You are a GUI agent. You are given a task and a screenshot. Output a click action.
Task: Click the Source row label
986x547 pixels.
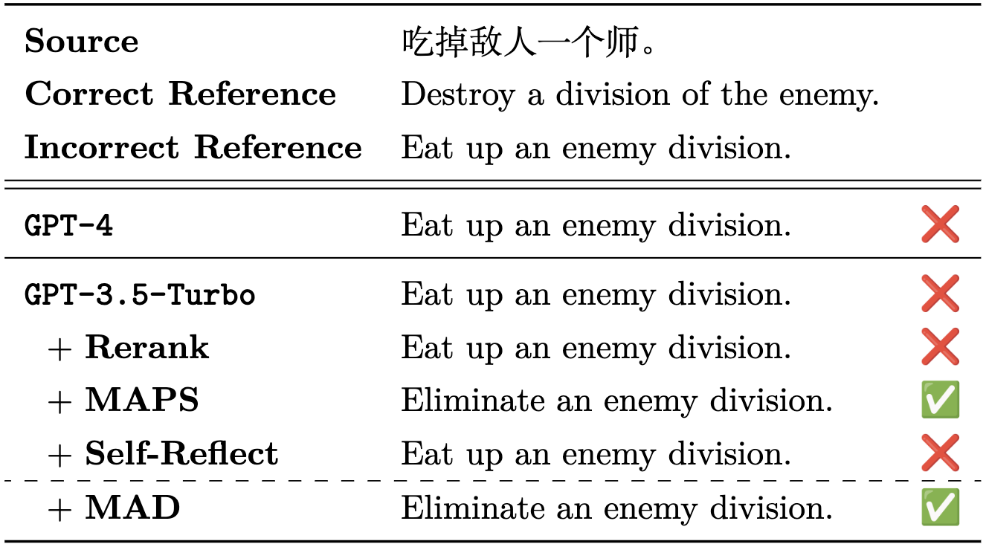pos(81,42)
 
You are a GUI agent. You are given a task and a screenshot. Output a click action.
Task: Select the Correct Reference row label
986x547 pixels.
pos(180,94)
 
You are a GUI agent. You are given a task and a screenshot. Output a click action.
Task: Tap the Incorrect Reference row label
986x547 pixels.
pos(193,148)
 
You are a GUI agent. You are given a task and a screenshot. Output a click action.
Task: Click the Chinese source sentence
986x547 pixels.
pos(529,43)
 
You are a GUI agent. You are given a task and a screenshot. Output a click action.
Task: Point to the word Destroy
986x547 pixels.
pos(457,95)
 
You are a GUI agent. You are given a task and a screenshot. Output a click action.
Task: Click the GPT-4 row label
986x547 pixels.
pos(69,225)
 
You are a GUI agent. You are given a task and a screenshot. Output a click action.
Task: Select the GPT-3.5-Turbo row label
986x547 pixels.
pos(140,295)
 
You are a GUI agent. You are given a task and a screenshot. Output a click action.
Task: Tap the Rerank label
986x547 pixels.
pos(146,348)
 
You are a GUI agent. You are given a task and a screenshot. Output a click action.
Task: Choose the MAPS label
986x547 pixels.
pos(142,401)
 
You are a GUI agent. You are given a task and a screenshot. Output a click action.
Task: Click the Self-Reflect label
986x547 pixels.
pos(181,454)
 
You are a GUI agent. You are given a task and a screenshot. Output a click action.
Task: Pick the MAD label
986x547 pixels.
pos(132,508)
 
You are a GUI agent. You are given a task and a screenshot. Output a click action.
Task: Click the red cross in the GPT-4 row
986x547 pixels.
pos(939,225)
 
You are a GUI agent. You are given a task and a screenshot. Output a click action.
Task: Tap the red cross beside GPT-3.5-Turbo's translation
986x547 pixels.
pos(939,294)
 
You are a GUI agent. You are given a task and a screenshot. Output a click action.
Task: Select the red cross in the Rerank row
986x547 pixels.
pos(939,347)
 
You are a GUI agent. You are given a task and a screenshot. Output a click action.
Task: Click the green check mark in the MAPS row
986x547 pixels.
pos(940,401)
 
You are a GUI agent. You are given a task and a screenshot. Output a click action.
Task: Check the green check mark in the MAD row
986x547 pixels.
pos(940,508)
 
